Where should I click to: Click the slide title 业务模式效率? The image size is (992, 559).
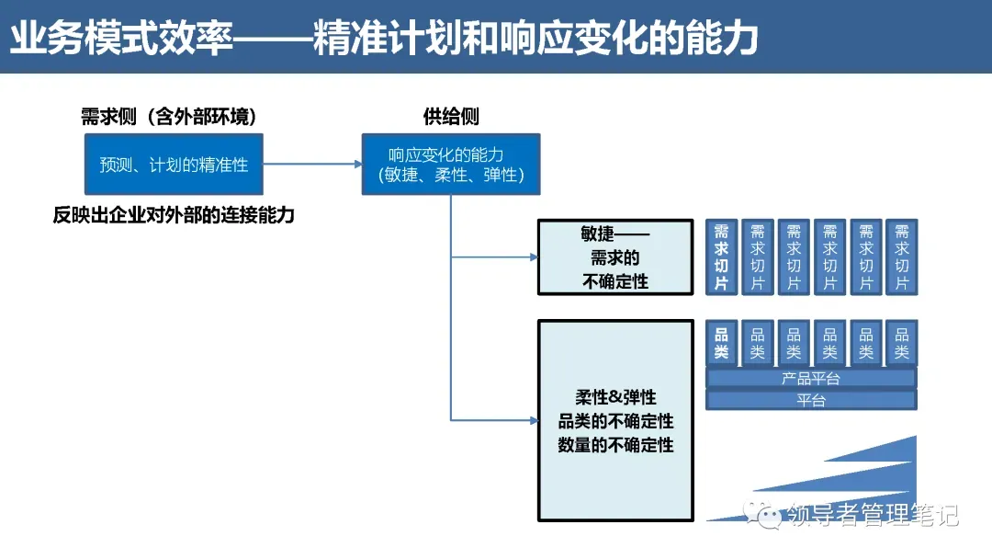point(119,40)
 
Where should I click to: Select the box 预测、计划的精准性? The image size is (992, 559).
point(174,165)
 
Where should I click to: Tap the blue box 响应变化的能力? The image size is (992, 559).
point(450,165)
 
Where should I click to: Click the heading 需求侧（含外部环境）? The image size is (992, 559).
point(168,117)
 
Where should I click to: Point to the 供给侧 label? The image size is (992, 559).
point(450,117)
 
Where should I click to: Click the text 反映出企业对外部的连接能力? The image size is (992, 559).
point(174,216)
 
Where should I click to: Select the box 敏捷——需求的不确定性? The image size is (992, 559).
point(615,257)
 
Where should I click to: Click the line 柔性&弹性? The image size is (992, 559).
point(615,398)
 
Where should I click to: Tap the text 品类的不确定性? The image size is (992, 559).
point(615,421)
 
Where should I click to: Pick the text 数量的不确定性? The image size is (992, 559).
point(615,445)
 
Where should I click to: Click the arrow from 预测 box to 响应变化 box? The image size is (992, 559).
point(312,165)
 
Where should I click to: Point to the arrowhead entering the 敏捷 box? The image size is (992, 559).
point(533,257)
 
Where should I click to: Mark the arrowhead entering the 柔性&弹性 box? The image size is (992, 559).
point(533,421)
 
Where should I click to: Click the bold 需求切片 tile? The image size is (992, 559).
point(721,257)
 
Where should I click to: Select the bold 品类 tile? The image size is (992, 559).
point(721,343)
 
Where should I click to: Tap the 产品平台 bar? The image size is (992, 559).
point(810,378)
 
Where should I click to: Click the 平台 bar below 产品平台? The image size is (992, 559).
point(810,400)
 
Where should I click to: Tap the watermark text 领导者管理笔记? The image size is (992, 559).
point(873,515)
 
